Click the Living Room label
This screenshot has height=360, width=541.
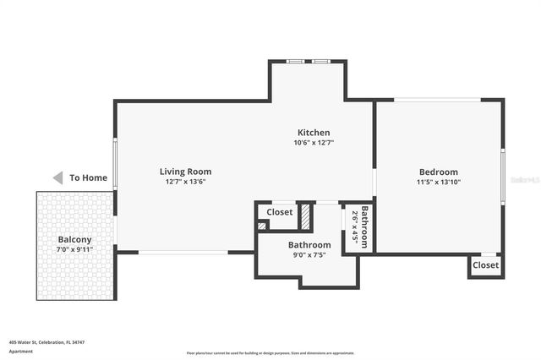[x=185, y=172]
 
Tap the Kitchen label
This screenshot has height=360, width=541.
[x=313, y=133]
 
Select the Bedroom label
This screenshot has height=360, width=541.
[x=438, y=172]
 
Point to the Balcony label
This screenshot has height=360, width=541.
[x=74, y=239]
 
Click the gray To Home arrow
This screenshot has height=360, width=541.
[x=57, y=177]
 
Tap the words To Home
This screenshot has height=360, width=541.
[x=88, y=177]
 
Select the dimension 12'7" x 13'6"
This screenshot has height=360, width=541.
[x=185, y=182]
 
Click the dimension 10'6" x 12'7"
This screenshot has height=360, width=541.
[x=313, y=143]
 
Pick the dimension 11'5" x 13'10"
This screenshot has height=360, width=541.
[x=438, y=182]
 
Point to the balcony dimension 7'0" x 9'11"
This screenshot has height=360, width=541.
[x=74, y=249]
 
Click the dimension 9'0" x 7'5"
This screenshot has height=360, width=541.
[x=309, y=254]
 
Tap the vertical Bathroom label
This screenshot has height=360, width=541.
[x=365, y=226]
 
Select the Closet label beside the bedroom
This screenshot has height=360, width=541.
[x=485, y=265]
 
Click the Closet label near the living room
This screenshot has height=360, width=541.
[x=280, y=212]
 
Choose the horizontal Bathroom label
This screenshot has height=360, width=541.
[x=309, y=244]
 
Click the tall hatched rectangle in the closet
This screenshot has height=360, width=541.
[x=305, y=217]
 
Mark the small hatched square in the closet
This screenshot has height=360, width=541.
[x=262, y=226]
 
